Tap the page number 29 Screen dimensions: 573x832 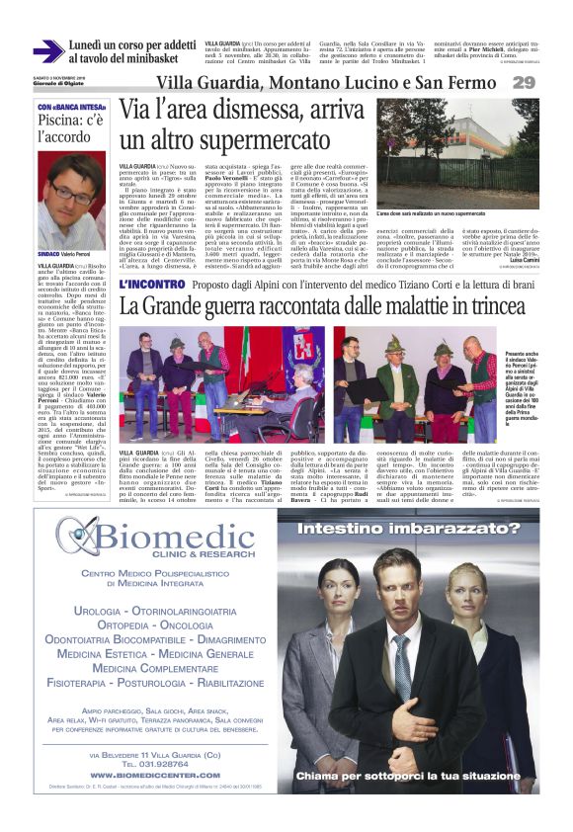point(550,82)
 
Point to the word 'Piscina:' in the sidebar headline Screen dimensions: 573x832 point(62,122)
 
